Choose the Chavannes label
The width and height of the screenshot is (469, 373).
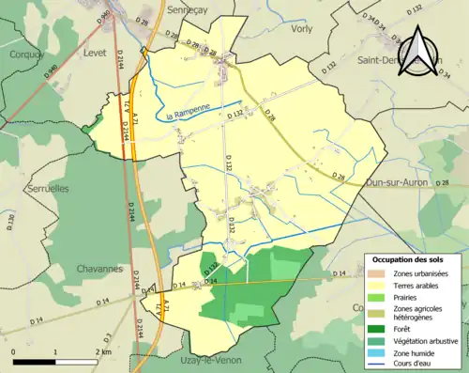click(x=96, y=268)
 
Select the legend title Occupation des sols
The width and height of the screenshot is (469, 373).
click(x=409, y=259)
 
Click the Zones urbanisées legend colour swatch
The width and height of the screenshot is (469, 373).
click(x=380, y=272)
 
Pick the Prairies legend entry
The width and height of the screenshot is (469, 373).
click(x=409, y=296)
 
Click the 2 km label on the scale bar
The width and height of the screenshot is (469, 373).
click(x=103, y=351)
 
